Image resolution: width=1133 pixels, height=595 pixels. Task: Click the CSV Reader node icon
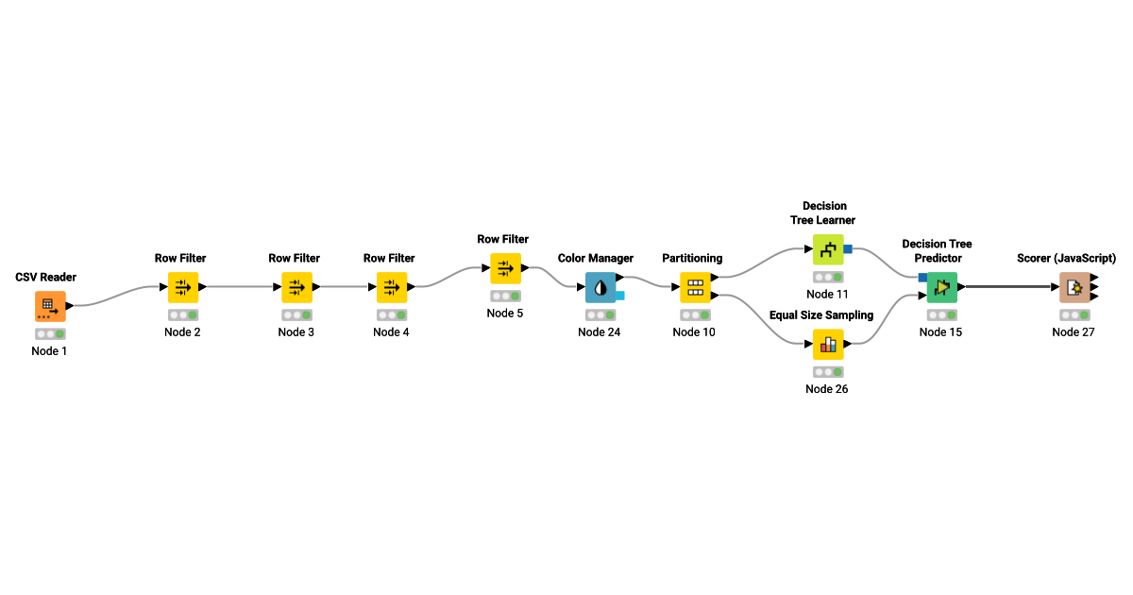coord(50,306)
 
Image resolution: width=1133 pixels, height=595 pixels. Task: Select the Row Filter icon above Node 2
coord(183,287)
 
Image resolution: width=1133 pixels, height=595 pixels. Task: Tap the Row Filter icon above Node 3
coord(296,287)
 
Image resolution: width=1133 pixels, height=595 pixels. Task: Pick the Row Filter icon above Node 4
coord(392,287)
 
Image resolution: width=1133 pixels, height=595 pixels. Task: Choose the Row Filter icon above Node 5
coord(505,268)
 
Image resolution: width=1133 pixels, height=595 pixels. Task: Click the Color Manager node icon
coord(600,287)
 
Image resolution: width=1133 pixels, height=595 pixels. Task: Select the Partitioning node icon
coord(695,287)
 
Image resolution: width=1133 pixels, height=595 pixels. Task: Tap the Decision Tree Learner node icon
coord(828,249)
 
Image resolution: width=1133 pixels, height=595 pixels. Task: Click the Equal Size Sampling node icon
coord(828,344)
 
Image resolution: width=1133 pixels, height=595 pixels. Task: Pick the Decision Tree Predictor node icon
coord(941,287)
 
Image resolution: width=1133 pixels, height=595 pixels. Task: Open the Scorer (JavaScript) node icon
coord(1074,287)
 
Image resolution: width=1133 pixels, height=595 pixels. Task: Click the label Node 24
coord(600,332)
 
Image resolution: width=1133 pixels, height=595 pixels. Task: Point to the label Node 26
coord(827,389)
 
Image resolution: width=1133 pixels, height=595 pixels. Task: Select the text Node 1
coord(50,351)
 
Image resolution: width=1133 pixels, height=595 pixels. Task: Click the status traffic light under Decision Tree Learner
coord(828,278)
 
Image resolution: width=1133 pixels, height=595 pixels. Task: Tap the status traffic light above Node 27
coord(1074,315)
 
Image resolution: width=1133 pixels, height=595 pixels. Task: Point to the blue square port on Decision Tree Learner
coord(848,248)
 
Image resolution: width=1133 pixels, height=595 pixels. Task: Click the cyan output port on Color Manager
coord(620,296)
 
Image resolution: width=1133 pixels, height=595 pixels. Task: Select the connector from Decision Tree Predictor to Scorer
coord(1007,286)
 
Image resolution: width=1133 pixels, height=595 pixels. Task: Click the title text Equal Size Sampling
coord(821,315)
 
